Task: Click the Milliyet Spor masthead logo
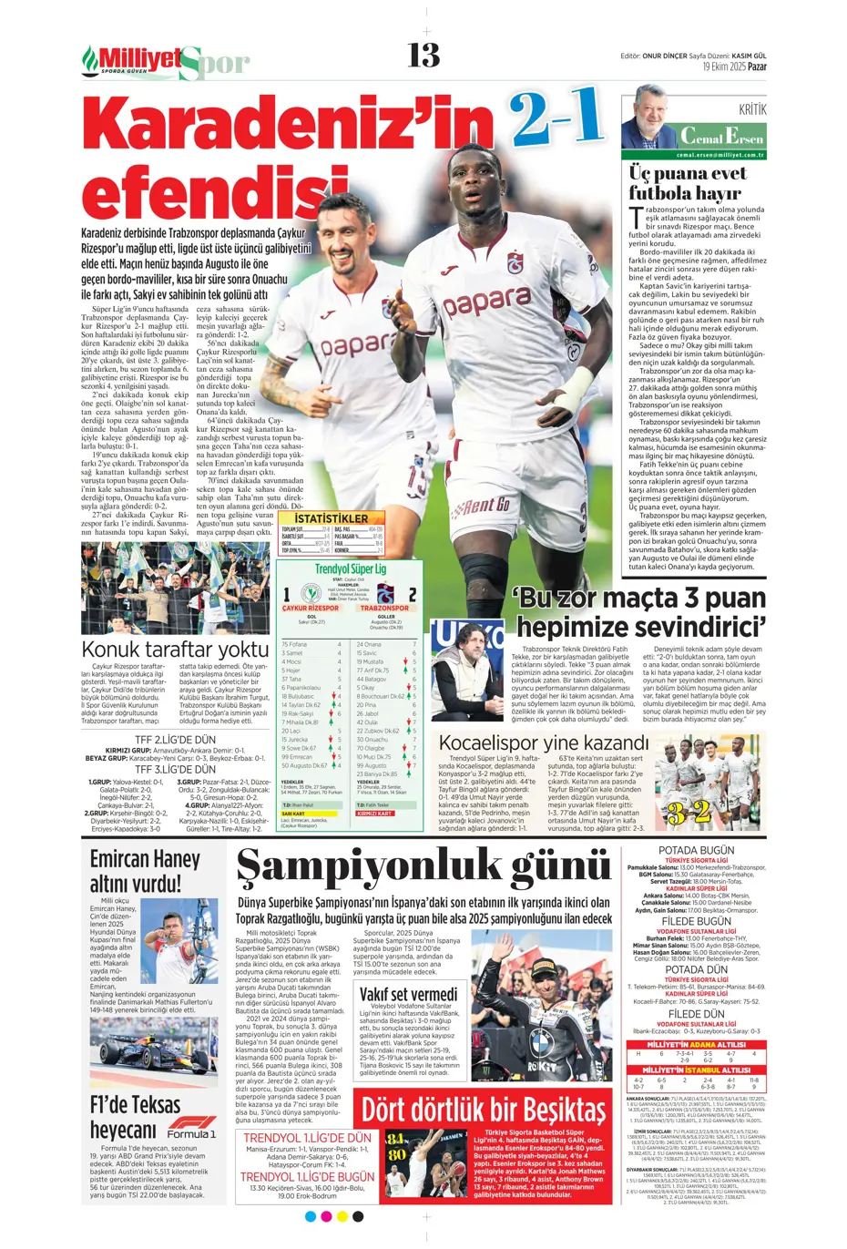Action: (x=165, y=61)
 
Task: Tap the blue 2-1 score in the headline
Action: (x=557, y=116)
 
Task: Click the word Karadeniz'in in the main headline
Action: (x=289, y=128)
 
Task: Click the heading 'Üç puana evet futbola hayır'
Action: (x=685, y=182)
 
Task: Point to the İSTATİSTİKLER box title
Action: (x=331, y=518)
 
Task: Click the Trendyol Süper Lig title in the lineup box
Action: (x=351, y=568)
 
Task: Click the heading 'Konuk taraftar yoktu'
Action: (x=175, y=649)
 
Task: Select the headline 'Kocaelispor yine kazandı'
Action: (x=544, y=742)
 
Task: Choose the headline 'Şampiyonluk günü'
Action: (x=423, y=872)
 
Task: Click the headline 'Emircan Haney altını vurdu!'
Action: (x=145, y=871)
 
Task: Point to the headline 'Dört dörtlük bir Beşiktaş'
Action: (x=484, y=1110)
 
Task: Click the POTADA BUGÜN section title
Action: (x=696, y=850)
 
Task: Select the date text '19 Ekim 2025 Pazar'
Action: (x=734, y=67)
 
